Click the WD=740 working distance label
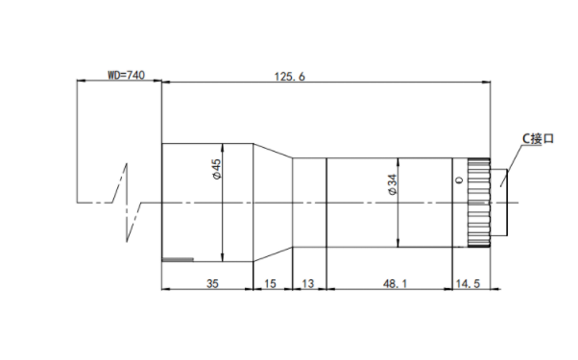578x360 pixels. (x=126, y=75)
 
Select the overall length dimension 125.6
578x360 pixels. (x=290, y=77)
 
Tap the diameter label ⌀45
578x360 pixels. (x=217, y=169)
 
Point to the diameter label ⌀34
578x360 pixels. (x=393, y=184)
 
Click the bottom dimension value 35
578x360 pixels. (x=212, y=283)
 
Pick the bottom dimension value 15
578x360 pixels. (x=270, y=283)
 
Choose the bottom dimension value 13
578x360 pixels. (x=308, y=283)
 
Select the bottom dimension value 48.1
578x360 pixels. (x=395, y=283)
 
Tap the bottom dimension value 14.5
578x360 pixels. (x=469, y=283)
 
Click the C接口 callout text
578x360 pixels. (x=539, y=139)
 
